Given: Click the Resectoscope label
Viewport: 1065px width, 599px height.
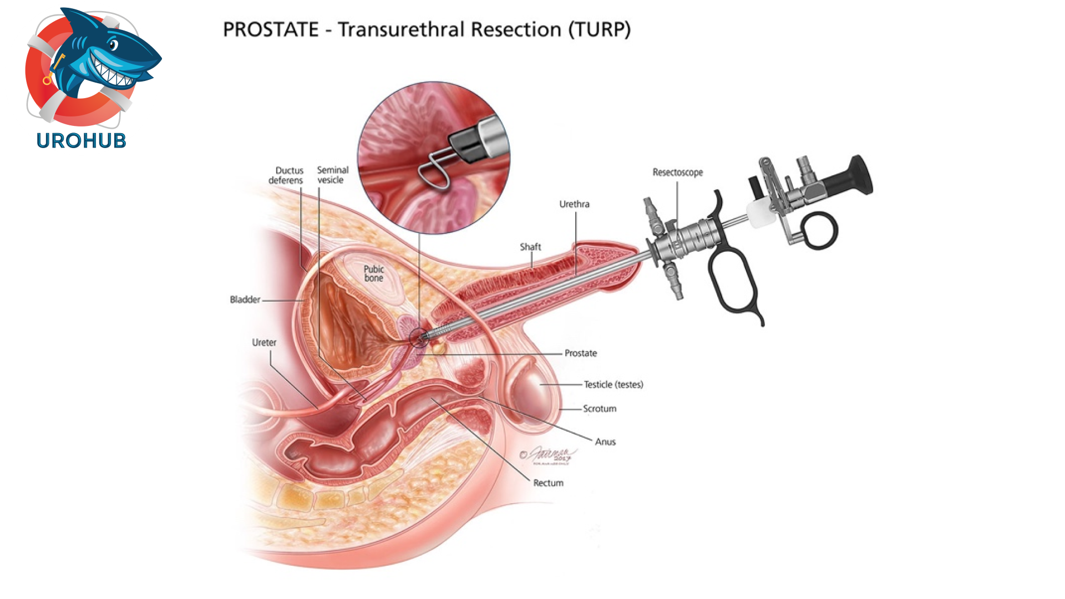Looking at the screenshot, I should [x=677, y=172].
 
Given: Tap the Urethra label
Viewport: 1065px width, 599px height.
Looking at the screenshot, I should [x=574, y=204].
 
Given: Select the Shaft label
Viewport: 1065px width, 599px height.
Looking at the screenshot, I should [x=530, y=247].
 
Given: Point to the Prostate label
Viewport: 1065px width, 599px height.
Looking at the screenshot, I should [x=581, y=353].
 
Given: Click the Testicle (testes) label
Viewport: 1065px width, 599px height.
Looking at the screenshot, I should [x=613, y=384].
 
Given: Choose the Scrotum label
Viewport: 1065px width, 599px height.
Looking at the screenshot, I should [x=600, y=409].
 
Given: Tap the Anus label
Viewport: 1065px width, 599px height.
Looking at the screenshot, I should [x=605, y=442].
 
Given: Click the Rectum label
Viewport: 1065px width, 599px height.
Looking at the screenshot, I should [x=548, y=483].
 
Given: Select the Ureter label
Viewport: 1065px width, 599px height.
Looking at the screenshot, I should [x=264, y=343].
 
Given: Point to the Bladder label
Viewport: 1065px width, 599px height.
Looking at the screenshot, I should [x=245, y=299].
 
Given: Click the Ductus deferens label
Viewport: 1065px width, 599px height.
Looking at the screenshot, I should [x=286, y=175].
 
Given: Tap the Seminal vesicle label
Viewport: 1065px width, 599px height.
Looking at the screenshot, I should [x=332, y=175].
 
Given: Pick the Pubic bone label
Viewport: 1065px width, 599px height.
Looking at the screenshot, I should [x=374, y=273].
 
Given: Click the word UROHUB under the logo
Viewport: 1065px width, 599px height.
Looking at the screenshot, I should [x=82, y=141].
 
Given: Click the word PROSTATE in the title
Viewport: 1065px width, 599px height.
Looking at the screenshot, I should [x=271, y=29].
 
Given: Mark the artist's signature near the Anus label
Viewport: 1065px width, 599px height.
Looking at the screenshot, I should [x=550, y=456].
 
